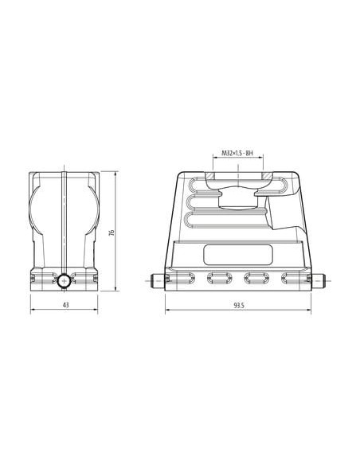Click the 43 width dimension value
(66, 305)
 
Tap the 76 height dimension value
(112, 232)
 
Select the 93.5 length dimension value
(238, 305)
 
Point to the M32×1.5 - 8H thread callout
(238, 153)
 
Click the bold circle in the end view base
(64, 281)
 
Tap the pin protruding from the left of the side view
(158, 281)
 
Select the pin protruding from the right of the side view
(319, 281)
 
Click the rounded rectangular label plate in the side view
(238, 255)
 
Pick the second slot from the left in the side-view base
(220, 278)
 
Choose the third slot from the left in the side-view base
(256, 278)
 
